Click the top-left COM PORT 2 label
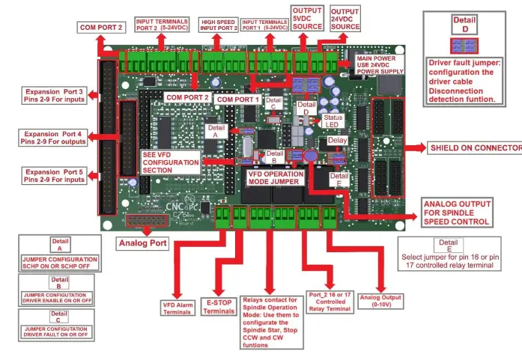coord(101,28)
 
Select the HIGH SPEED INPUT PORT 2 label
coord(218,25)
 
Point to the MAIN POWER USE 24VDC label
coord(379,62)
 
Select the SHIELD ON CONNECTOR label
coord(475,148)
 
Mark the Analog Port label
coord(143,242)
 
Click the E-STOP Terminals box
coord(219,307)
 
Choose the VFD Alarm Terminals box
coord(177,308)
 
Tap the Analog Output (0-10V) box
coord(381,301)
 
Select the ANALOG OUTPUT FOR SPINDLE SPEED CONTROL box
coord(457,213)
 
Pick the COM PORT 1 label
coord(237,98)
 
